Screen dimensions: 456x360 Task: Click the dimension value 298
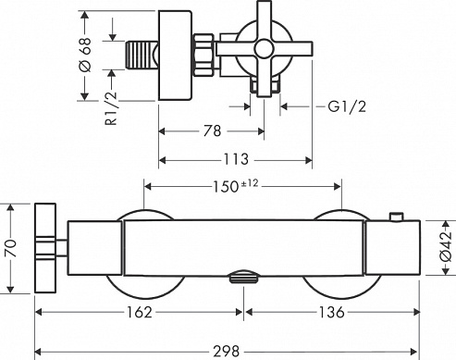[226, 351]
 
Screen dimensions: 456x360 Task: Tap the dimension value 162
[140, 312]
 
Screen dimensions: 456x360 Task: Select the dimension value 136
[331, 312]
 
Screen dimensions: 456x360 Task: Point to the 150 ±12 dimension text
[236, 186]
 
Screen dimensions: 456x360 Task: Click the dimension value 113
[236, 159]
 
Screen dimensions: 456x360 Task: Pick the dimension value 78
[212, 130]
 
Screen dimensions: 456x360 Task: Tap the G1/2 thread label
[347, 106]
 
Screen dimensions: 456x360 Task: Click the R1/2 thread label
[111, 108]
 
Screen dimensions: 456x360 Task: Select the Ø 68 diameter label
[85, 55]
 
